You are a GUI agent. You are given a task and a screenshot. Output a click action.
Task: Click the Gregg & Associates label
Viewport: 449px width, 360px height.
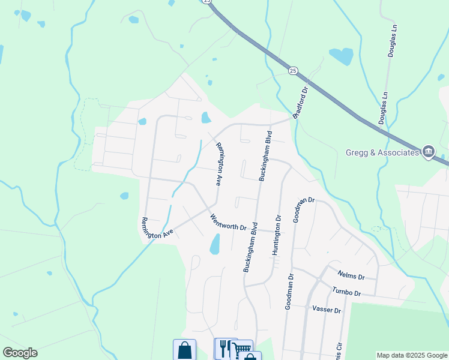[382, 152]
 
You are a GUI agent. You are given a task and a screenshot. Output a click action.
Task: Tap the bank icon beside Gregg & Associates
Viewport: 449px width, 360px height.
[428, 151]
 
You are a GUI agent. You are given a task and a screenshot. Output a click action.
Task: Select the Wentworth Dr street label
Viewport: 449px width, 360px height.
[229, 223]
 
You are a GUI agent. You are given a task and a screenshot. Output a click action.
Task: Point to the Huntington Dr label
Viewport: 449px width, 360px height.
[277, 236]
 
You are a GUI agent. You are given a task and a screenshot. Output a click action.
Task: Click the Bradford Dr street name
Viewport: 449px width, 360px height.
[300, 102]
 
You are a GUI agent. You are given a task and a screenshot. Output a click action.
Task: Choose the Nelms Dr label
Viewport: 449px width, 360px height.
[351, 275]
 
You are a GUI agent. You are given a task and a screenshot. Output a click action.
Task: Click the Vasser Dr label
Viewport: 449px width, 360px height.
[327, 310]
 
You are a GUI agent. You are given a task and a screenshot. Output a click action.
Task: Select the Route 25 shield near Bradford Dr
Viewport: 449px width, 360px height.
[293, 71]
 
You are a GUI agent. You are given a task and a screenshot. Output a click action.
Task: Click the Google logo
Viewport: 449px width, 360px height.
[20, 353]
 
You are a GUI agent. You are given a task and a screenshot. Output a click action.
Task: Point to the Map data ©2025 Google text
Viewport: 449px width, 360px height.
[412, 355]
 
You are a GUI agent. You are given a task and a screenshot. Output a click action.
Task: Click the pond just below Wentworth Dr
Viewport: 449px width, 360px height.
[214, 244]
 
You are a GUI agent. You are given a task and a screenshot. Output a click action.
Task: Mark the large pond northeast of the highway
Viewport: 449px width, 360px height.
[342, 56]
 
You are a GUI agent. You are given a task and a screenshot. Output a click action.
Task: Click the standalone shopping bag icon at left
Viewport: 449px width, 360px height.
[184, 350]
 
